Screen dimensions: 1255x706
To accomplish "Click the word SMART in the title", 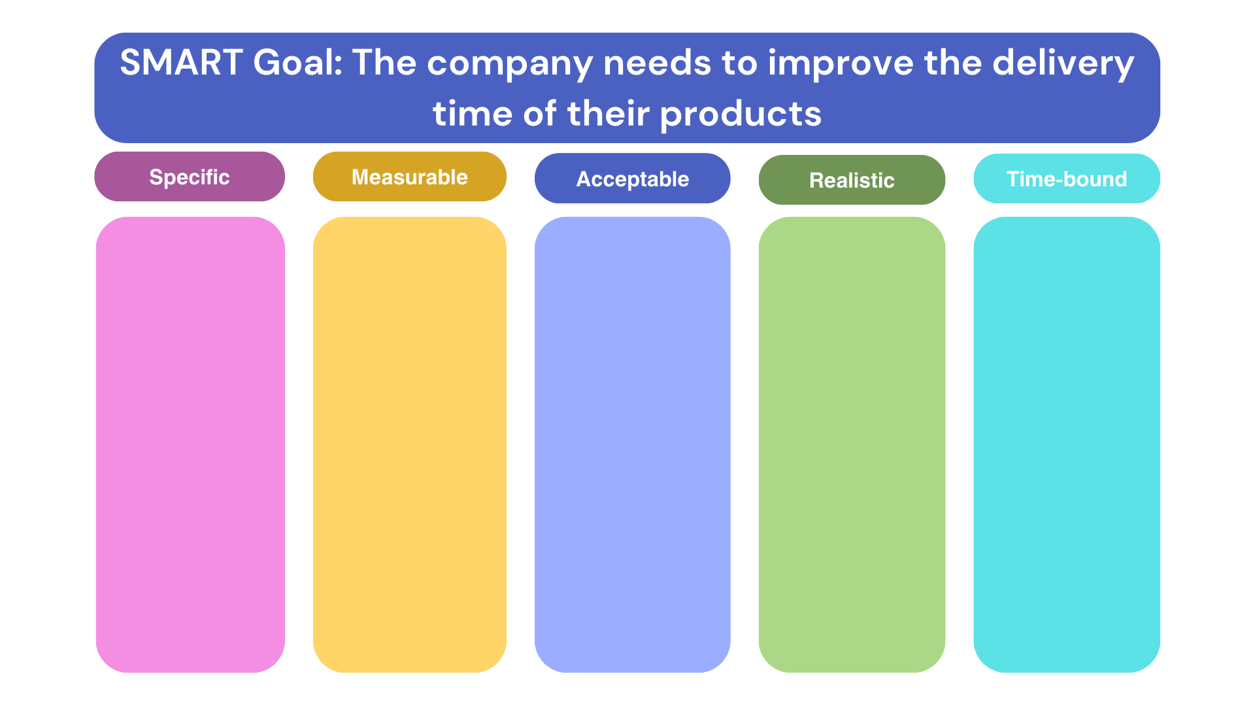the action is (181, 63).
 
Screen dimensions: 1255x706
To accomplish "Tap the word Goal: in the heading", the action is (298, 63).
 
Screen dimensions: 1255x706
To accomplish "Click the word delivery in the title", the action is (1063, 64).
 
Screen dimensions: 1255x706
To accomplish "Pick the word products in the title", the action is (741, 115).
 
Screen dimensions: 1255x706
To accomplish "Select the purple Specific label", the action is (190, 176).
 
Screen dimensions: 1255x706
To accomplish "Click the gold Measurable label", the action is (410, 176).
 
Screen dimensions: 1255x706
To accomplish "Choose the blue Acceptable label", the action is (632, 178).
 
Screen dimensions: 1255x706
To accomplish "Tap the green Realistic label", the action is (852, 180).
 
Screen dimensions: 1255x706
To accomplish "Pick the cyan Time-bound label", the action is (1067, 178).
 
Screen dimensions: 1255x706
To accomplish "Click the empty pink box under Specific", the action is (190, 445).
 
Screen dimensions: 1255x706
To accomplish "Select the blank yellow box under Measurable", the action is (410, 445).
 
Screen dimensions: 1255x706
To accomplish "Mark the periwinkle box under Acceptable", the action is (632, 445).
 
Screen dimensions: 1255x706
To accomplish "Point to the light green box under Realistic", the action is (852, 445).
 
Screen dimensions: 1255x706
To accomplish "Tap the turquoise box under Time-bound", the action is (1067, 445).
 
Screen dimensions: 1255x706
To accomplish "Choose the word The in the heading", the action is (384, 63).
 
